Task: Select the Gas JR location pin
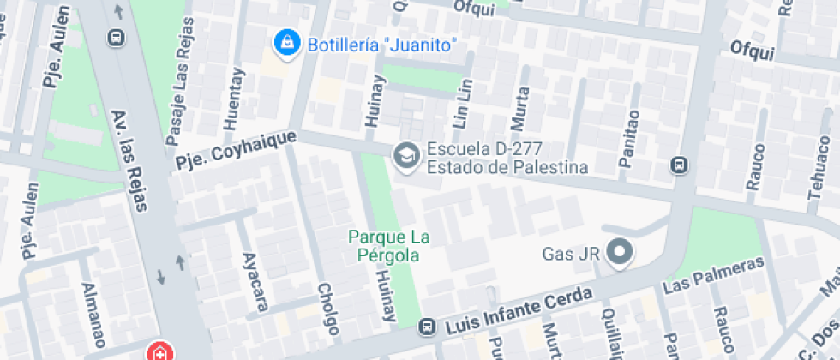[x=619, y=252]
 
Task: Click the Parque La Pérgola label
[x=389, y=245]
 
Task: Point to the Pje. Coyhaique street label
[x=236, y=149]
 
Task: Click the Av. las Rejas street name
[x=129, y=159]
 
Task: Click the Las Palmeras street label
[x=713, y=275]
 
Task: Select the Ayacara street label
[x=251, y=282]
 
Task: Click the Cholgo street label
[x=326, y=309]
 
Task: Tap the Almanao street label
[x=92, y=312]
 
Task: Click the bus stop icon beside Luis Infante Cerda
[x=425, y=327]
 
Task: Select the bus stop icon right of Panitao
[x=680, y=164]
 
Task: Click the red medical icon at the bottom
[x=159, y=351]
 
